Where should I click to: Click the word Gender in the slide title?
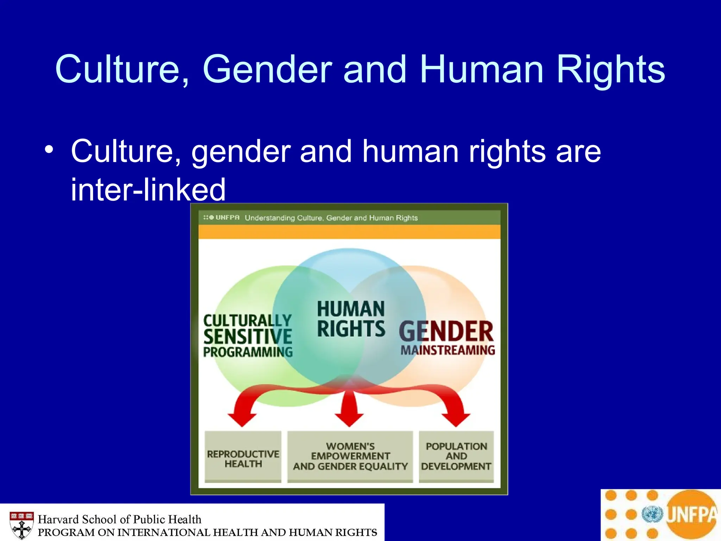[x=267, y=69]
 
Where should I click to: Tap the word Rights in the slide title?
[x=610, y=69]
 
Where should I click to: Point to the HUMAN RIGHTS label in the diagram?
[x=351, y=319]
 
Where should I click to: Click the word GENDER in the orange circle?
[x=446, y=332]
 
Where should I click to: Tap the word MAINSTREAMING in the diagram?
[x=448, y=350]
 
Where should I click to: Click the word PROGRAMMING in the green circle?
[x=248, y=352]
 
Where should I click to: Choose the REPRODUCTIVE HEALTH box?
[x=243, y=457]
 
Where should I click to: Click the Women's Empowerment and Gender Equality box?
[x=350, y=456]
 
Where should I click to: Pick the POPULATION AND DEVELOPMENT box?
[x=456, y=456]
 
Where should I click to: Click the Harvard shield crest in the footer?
[x=22, y=525]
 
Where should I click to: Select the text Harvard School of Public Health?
[x=120, y=519]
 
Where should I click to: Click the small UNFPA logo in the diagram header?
[x=221, y=218]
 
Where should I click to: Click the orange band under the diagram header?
[x=349, y=232]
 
